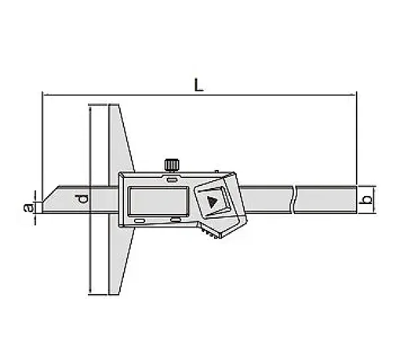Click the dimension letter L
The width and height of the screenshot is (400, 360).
tap(199, 85)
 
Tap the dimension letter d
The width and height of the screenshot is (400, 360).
tap(81, 199)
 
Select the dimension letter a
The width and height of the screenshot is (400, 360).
tap(29, 207)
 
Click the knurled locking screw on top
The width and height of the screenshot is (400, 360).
tap(172, 165)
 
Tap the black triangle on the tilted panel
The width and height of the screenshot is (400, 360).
tap(211, 201)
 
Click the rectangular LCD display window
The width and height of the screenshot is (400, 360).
tap(158, 201)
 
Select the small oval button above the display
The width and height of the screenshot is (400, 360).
tap(172, 179)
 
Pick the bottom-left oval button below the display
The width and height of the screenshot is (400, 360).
tap(139, 221)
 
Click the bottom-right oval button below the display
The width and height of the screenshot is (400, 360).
tap(176, 219)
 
